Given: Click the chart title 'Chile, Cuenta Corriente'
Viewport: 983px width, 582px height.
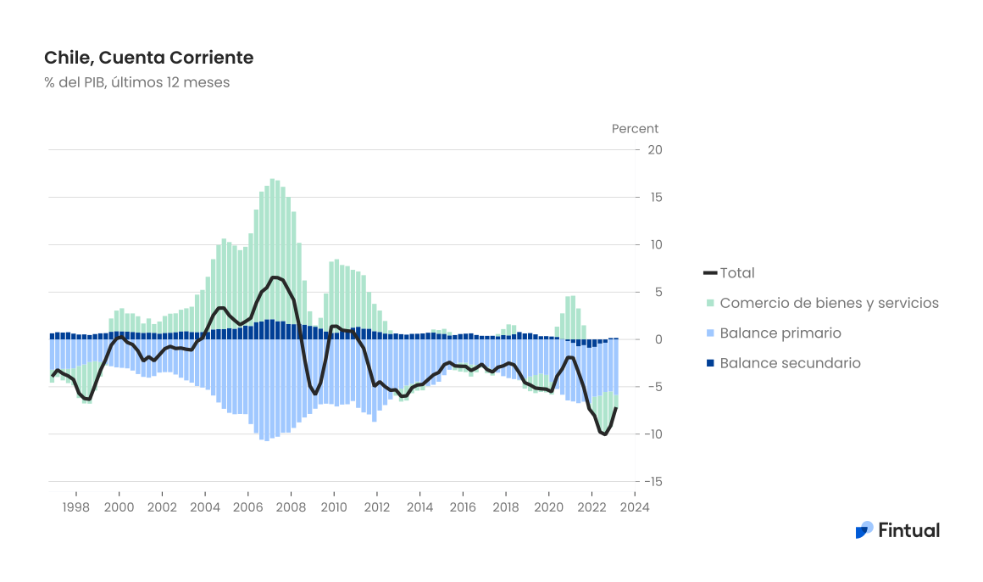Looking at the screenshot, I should (x=148, y=58).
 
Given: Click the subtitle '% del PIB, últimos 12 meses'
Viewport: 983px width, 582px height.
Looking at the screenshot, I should (x=136, y=82).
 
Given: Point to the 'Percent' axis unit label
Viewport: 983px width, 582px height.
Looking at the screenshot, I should (x=635, y=129).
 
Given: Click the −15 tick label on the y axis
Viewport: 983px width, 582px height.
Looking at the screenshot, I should (x=652, y=482).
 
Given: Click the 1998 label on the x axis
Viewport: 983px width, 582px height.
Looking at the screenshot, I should (x=75, y=507).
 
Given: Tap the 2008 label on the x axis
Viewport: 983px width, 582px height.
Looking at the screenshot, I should (x=291, y=507).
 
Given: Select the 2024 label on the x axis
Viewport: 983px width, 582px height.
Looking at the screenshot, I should (x=635, y=507).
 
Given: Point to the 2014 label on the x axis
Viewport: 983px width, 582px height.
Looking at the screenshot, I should (x=419, y=507).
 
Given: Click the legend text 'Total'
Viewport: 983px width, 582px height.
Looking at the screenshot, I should (x=737, y=273).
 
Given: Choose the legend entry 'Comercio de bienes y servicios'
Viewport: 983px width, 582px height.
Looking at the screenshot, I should (x=829, y=303).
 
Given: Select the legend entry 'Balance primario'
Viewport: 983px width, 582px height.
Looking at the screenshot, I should (x=780, y=333).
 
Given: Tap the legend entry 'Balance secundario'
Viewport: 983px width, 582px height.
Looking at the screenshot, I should (x=790, y=363).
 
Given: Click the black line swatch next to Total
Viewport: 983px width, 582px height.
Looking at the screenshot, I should (x=710, y=273).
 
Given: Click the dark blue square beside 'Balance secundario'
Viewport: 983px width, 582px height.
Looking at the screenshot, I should (x=710, y=363).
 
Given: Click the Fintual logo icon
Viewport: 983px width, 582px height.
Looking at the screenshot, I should (x=864, y=530).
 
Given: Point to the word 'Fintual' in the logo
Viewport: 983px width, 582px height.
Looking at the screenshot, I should (x=908, y=530).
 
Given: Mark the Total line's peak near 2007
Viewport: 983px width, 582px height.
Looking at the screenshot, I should (x=275, y=277).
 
